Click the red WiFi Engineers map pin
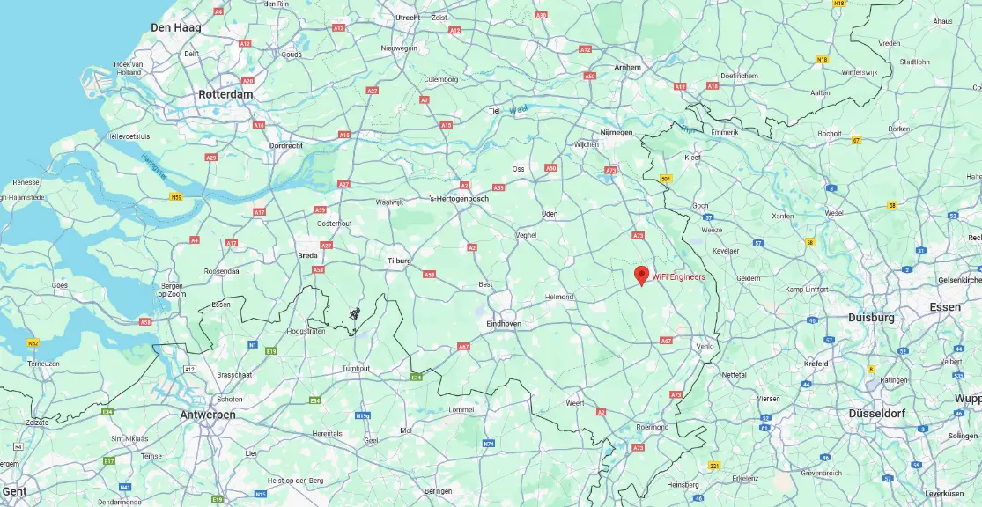[642, 276]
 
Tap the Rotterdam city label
[225, 94]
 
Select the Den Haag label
[176, 27]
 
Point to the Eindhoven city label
[504, 324]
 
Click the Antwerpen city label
[207, 414]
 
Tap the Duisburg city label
[871, 317]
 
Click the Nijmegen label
[616, 132]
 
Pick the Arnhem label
[627, 67]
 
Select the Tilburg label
[400, 261]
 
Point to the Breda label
[307, 255]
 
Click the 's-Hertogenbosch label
[459, 198]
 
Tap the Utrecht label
[408, 17]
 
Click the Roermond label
[653, 427]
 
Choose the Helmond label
[559, 297]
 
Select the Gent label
[15, 490]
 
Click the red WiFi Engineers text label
[678, 276]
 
